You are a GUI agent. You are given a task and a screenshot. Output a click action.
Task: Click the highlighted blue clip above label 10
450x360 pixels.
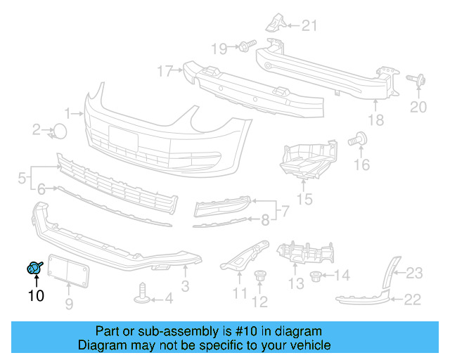tap(34, 267)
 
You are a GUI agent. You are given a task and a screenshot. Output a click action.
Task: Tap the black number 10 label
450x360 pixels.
tap(35, 296)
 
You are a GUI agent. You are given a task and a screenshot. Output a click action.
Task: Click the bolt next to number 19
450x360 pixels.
tap(245, 47)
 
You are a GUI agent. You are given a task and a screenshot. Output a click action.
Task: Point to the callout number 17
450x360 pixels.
tap(165, 71)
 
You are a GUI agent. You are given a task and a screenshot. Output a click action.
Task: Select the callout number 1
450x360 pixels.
tap(68, 112)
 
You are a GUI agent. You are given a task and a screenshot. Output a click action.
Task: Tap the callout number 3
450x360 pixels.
tap(185, 286)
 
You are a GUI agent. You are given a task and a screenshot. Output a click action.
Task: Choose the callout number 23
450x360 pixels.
tap(414, 273)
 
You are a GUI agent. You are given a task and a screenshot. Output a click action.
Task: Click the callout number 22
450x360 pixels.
tap(413, 300)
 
